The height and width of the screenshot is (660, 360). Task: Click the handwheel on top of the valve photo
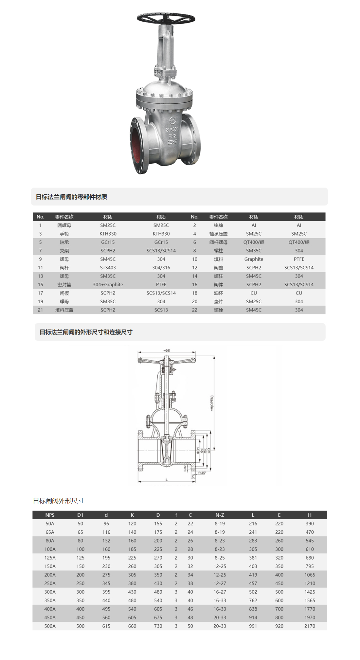166,18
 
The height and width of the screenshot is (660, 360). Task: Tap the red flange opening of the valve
136,145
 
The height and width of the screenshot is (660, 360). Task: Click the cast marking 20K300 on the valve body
172,130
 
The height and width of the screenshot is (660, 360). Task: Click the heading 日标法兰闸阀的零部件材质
71,197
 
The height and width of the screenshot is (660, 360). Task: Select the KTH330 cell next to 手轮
108,234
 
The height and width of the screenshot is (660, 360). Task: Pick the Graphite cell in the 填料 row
254,259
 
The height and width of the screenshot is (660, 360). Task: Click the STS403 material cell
108,268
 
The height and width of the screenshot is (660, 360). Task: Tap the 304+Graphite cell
108,285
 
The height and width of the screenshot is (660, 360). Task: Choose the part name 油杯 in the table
218,293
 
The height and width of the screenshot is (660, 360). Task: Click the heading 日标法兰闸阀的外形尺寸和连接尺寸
86,332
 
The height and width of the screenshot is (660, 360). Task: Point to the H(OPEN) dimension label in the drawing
212,403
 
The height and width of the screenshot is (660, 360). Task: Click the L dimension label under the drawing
167,480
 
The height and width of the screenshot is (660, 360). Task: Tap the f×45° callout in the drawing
202,473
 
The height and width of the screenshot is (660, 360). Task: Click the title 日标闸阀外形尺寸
59,501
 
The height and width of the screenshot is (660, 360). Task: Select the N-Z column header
220,515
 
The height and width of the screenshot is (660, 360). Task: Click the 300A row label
50,592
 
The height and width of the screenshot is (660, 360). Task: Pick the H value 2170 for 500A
310,626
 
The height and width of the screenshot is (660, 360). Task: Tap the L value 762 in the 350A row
253,600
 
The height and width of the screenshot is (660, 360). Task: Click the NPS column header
50,515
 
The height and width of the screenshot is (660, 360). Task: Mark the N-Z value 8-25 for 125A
220,558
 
